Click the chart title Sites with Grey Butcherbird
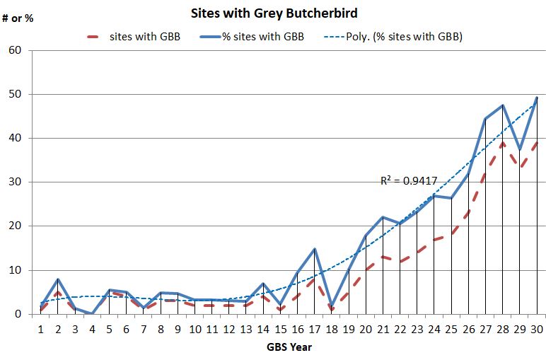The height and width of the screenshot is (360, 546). coord(272,13)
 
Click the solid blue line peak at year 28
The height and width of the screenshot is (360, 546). coord(503,105)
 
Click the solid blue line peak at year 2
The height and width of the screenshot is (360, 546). coord(58,279)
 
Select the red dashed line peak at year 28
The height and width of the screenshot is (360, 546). coord(503,142)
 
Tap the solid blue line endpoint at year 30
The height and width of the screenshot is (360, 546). coord(537,98)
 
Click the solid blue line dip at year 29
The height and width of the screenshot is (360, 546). coord(520,150)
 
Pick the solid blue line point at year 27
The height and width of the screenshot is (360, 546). coord(486,119)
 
